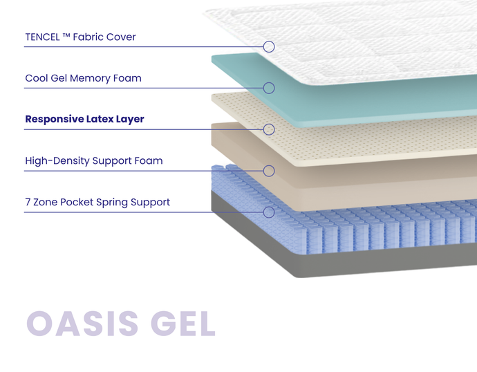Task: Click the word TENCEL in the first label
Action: point(42,37)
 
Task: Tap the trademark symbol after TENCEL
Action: point(66,36)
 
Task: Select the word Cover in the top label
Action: point(121,37)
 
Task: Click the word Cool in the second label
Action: point(37,78)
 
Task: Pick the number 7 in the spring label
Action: point(28,202)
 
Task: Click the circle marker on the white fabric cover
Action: point(269,46)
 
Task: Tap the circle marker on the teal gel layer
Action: point(269,88)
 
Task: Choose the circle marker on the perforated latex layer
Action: point(269,129)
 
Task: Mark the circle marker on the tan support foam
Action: point(269,171)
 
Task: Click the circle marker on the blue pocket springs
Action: point(269,212)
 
